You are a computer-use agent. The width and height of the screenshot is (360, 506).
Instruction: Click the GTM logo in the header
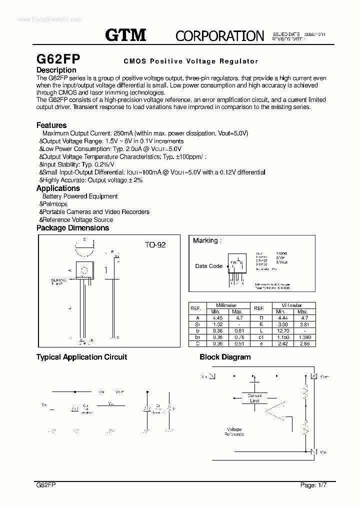(125, 34)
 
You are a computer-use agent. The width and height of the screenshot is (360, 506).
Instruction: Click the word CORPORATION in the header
(219, 35)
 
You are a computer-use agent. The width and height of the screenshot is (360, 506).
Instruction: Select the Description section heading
(56, 70)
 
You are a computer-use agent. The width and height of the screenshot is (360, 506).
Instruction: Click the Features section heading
(51, 125)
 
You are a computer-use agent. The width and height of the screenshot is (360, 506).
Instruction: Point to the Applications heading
(58, 188)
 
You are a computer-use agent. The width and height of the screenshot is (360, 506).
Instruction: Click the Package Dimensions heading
(72, 228)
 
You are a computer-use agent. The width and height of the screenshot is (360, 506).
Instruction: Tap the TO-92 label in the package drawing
(155, 245)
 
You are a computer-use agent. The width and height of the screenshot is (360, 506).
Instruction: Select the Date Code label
(208, 266)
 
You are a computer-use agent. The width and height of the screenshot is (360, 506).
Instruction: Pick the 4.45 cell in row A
(217, 317)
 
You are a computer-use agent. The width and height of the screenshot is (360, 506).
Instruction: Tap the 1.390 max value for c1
(304, 337)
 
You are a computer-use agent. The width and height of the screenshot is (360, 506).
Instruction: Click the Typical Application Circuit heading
(81, 357)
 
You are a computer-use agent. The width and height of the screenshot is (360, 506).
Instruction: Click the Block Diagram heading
(225, 357)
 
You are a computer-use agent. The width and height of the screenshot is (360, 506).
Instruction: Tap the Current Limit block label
(254, 398)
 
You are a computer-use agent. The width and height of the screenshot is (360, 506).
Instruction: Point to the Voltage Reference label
(234, 432)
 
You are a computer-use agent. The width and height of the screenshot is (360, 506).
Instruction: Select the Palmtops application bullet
(55, 204)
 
